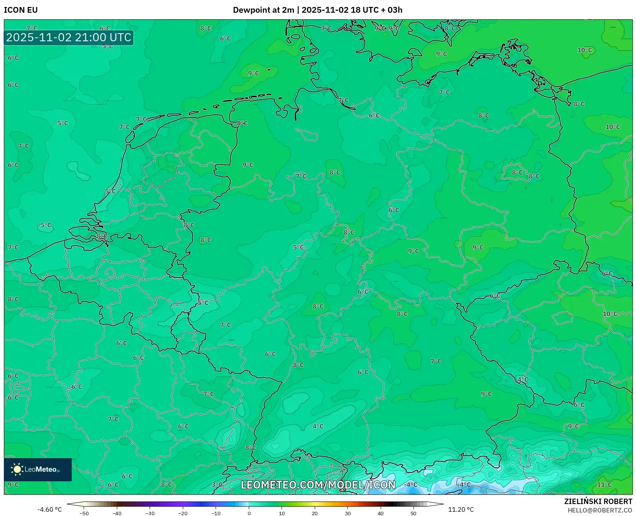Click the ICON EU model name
(x=21, y=10)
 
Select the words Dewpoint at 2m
(x=263, y=10)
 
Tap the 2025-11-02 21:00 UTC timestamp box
(x=69, y=38)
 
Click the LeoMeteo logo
(x=38, y=469)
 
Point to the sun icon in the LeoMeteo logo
(x=17, y=469)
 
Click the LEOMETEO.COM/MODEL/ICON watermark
(x=318, y=485)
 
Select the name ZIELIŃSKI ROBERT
(x=598, y=501)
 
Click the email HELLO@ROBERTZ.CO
(x=600, y=510)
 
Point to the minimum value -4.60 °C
(x=49, y=509)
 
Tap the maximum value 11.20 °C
(x=461, y=509)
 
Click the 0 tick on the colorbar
(x=249, y=513)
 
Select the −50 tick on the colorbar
(x=84, y=513)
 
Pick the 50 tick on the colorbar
(x=413, y=513)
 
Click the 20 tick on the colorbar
(x=315, y=513)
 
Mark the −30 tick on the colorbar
(x=150, y=513)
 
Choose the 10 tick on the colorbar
(x=282, y=513)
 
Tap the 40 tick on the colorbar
(x=381, y=513)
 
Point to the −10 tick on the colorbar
(x=216, y=513)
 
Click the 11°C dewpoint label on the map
(x=604, y=485)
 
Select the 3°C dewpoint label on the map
(x=217, y=485)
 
